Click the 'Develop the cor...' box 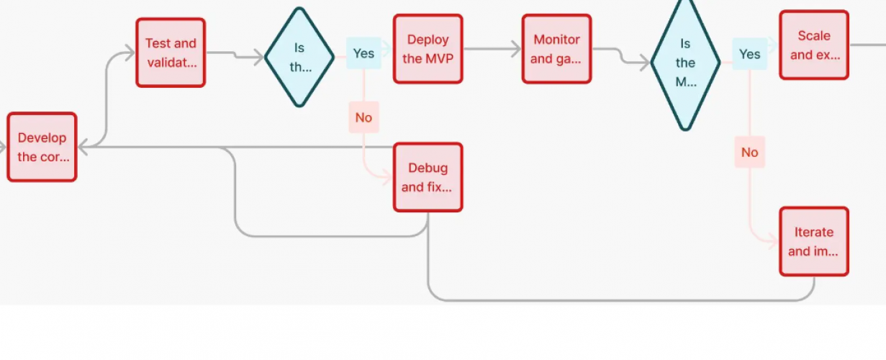click(42, 147)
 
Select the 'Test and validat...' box click(171, 53)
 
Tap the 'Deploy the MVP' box click(428, 49)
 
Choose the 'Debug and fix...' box click(428, 177)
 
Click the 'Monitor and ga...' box click(556, 49)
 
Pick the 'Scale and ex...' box click(813, 45)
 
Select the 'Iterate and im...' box click(813, 241)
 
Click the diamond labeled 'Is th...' click(299, 58)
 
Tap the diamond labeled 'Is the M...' click(684, 63)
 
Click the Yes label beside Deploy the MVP click(363, 53)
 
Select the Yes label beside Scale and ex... click(749, 54)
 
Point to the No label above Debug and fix click(363, 117)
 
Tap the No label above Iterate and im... click(749, 152)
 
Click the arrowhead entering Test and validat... click(130, 53)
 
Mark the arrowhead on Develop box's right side click(83, 148)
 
